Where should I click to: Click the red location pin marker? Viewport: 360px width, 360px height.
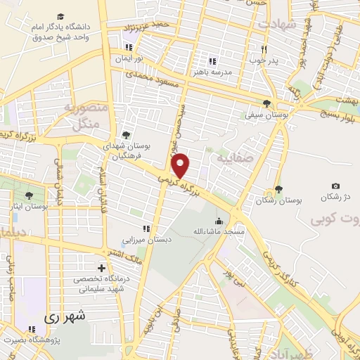[x=181, y=165]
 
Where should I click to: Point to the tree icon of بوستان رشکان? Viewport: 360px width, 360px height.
[x=278, y=188]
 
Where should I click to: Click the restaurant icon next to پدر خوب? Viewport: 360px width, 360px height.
[x=264, y=49]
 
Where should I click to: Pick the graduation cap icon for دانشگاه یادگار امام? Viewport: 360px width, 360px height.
[x=60, y=15]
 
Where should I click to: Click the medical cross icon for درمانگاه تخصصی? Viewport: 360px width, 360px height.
[x=102, y=268]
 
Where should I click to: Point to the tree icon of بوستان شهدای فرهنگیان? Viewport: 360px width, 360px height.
[x=125, y=134]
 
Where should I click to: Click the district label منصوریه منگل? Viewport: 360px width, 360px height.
[x=85, y=115]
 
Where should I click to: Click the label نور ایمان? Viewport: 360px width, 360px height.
[x=129, y=59]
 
